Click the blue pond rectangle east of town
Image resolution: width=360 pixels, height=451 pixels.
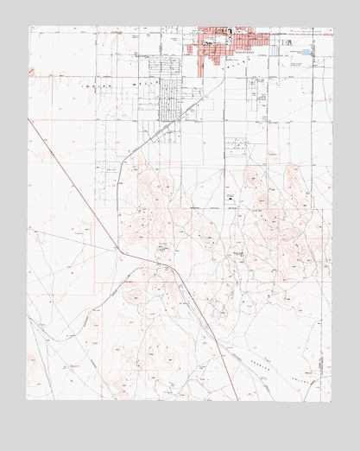pos(306,53)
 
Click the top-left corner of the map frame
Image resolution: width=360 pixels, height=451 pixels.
pos(28,27)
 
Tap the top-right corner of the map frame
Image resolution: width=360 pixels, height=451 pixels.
pos(332,27)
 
